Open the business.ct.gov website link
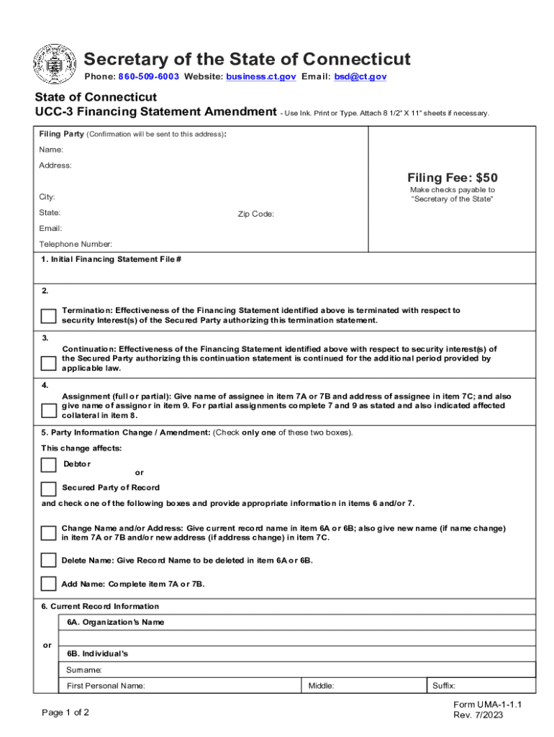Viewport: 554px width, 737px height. pyautogui.click(x=260, y=76)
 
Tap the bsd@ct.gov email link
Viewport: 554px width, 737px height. pyautogui.click(x=360, y=76)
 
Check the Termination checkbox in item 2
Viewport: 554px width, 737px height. pyautogui.click(x=48, y=316)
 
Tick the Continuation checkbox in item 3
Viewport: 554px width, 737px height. pyautogui.click(x=48, y=363)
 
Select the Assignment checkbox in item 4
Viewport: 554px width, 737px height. pyautogui.click(x=48, y=410)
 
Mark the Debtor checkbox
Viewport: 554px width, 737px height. pyautogui.click(x=48, y=465)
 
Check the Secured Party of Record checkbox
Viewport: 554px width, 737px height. pyautogui.click(x=48, y=489)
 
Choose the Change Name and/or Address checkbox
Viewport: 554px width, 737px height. pyautogui.click(x=48, y=533)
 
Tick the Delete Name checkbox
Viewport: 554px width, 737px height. pyautogui.click(x=48, y=561)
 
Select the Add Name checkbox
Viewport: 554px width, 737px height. pyautogui.click(x=48, y=584)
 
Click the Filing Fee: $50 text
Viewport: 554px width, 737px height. pyautogui.click(x=452, y=178)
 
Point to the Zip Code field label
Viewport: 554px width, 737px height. pyautogui.click(x=255, y=214)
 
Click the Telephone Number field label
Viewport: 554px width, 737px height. pyautogui.click(x=76, y=244)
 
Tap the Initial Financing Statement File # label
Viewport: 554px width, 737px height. pyautogui.click(x=112, y=259)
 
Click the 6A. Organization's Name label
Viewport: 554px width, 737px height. pyautogui.click(x=115, y=622)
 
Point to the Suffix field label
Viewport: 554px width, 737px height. pyautogui.click(x=443, y=686)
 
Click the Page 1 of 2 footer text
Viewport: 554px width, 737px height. pyautogui.click(x=65, y=713)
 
